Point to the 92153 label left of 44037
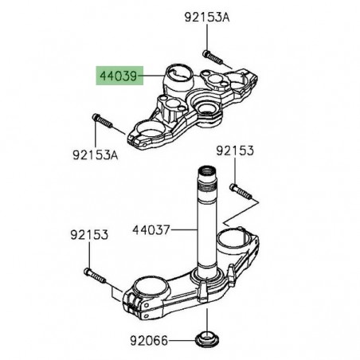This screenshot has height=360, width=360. click(x=90, y=236)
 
